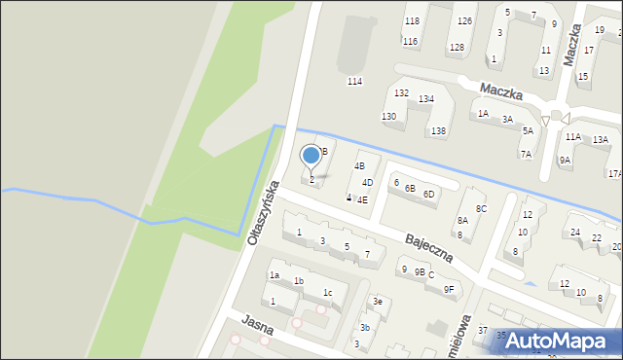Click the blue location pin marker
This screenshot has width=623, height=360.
(x=311, y=156)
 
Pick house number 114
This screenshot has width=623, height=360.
(x=355, y=82)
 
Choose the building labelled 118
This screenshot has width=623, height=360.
(x=412, y=21)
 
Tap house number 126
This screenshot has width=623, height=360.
(x=465, y=21)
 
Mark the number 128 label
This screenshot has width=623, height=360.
(x=457, y=48)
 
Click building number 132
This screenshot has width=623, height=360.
(x=401, y=92)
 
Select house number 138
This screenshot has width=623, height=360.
(x=439, y=131)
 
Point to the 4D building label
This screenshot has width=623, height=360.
(x=367, y=183)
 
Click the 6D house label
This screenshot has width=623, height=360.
(x=429, y=194)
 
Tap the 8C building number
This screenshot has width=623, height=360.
(x=481, y=209)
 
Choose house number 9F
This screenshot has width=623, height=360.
(x=449, y=289)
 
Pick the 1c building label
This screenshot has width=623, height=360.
(x=328, y=293)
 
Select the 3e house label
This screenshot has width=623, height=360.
(x=378, y=303)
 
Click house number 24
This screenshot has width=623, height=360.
(x=575, y=233)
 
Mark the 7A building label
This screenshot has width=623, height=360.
(x=526, y=154)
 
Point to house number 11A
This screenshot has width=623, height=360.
(x=572, y=137)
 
